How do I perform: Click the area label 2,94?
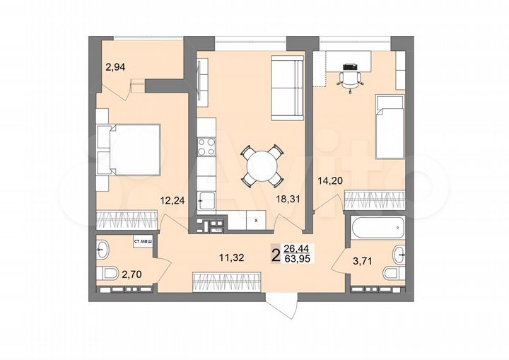[115, 67]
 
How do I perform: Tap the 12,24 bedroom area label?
[172, 199]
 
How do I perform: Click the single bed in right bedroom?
[389, 128]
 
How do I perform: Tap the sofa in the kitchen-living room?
[287, 89]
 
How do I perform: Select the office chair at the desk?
[350, 79]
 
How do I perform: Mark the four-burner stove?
[206, 148]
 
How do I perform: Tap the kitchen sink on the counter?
[206, 200]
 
